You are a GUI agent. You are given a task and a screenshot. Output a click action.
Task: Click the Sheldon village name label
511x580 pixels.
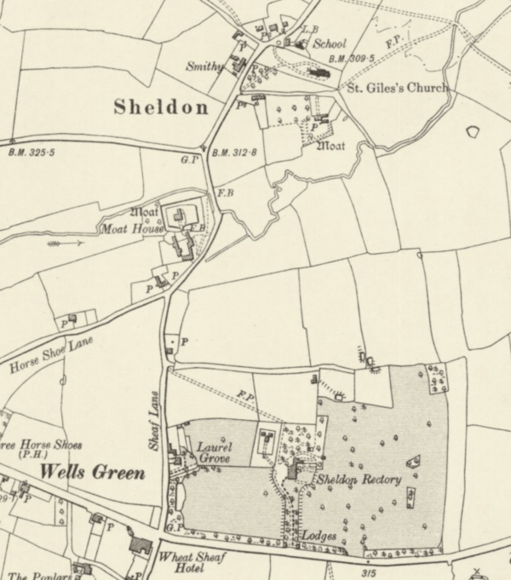coord(160,107)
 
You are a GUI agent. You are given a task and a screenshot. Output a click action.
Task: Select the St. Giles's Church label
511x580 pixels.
coord(395,87)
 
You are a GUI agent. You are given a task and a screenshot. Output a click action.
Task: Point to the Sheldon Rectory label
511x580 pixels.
coord(359,480)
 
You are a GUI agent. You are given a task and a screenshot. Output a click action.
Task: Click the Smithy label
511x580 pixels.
coord(204,66)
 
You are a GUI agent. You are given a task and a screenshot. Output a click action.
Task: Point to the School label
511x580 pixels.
coord(330,43)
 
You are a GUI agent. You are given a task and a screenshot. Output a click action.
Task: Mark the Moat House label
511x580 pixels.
coord(132,229)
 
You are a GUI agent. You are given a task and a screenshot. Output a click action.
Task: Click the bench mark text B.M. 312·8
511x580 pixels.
coord(234,152)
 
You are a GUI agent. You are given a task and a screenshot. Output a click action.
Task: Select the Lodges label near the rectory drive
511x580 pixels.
coord(319,537)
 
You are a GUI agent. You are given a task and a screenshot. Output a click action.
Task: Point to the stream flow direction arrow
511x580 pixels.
coord(66,243)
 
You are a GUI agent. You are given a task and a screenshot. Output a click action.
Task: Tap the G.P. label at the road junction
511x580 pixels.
coord(189,158)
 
